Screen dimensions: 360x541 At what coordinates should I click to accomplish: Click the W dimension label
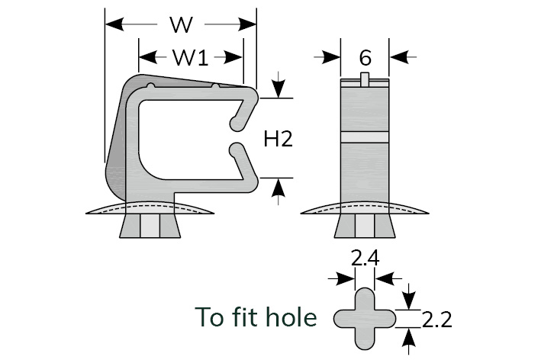[x=181, y=25]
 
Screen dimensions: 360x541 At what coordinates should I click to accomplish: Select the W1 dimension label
[x=190, y=56]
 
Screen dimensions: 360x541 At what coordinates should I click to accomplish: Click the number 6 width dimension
[x=365, y=57]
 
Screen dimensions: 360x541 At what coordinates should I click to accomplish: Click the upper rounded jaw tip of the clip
[x=237, y=121]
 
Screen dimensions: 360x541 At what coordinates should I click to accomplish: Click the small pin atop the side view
[x=365, y=77]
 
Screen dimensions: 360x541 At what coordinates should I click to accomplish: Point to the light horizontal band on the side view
[x=365, y=138]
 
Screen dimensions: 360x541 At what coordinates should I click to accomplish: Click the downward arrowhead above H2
[x=279, y=89]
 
